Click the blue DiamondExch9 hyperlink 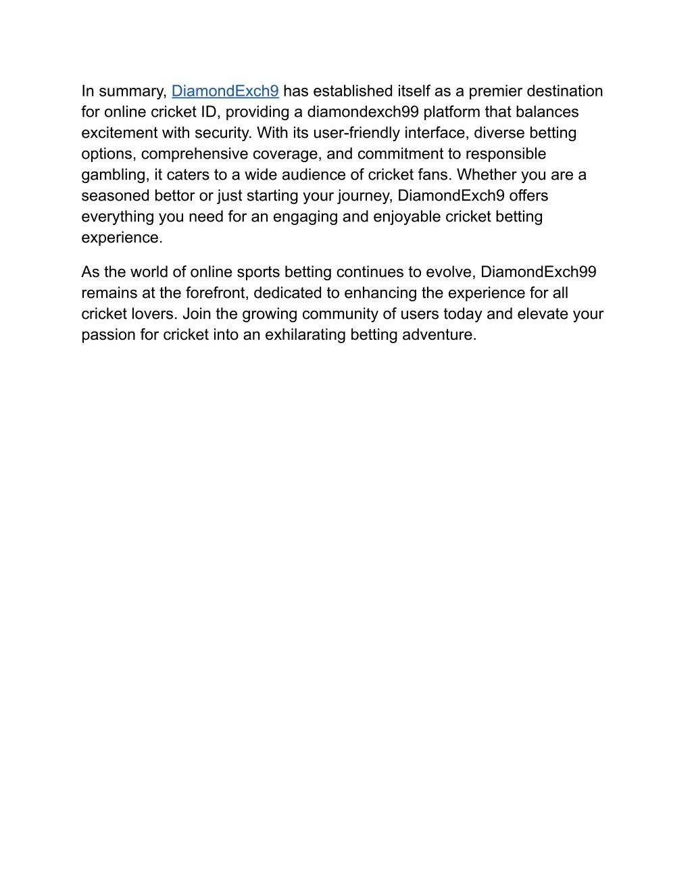click(x=225, y=91)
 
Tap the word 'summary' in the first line click(x=132, y=91)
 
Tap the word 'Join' click(x=197, y=314)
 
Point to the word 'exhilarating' click(x=305, y=335)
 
